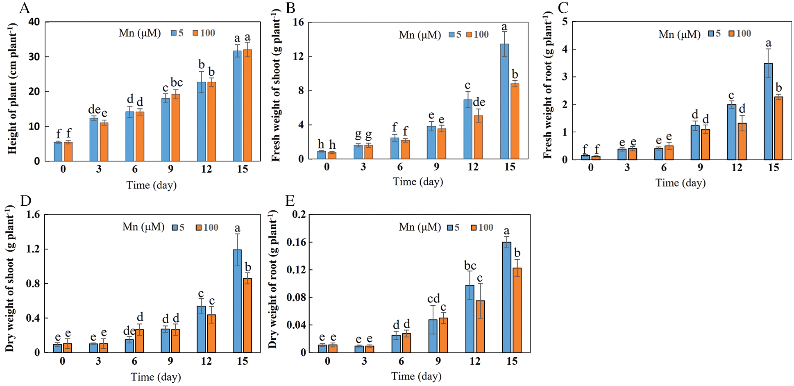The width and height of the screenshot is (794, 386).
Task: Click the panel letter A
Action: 24,8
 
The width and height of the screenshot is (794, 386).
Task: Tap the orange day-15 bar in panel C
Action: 778,128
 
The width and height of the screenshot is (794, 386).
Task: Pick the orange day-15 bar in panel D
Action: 247,315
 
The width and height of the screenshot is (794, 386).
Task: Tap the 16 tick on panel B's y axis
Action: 298,22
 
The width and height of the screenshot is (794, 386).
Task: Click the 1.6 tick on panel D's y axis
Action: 34,215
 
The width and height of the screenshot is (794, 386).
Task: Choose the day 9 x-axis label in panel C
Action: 700,168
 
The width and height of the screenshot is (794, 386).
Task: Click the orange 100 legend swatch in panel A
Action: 196,33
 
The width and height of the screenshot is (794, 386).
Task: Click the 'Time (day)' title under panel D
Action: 156,377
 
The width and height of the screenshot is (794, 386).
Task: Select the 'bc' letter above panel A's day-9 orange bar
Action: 177,82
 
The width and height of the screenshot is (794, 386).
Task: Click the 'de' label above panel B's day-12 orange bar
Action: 479,102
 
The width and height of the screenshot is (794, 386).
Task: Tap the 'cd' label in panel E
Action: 433,298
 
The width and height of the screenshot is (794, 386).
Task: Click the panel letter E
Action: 290,201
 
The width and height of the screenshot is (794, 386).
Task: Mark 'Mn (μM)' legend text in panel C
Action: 679,34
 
